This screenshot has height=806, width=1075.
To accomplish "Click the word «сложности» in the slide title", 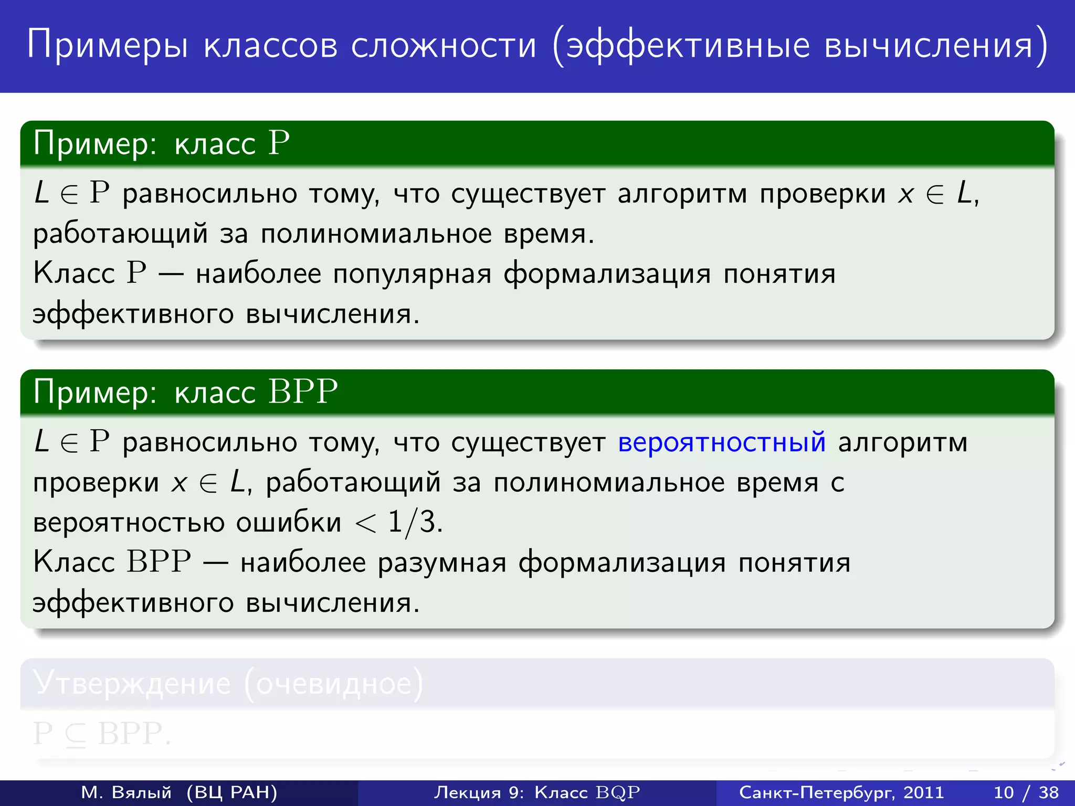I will (x=444, y=45).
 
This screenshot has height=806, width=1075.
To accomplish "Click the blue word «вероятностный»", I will (x=722, y=442).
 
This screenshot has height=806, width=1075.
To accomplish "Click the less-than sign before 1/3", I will (x=365, y=523).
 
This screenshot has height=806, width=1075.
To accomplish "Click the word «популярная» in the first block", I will (x=412, y=274).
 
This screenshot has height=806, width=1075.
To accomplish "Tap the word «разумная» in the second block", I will (x=442, y=563).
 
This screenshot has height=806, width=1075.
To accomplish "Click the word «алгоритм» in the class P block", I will (x=682, y=194).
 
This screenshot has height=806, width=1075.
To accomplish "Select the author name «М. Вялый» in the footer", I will (x=127, y=792).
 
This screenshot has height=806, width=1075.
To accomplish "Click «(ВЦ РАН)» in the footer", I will (x=232, y=792).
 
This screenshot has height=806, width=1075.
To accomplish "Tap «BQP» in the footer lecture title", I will (x=618, y=792).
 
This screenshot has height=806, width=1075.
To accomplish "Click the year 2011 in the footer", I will (x=923, y=792).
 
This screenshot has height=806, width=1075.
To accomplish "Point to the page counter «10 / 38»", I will (x=1026, y=792).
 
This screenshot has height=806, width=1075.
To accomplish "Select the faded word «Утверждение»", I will (x=132, y=683).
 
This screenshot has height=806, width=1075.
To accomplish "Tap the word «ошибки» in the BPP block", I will (x=288, y=523).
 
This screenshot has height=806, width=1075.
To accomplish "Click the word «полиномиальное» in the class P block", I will (x=376, y=234).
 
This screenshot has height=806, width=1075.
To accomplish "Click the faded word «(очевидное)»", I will (x=334, y=683).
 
